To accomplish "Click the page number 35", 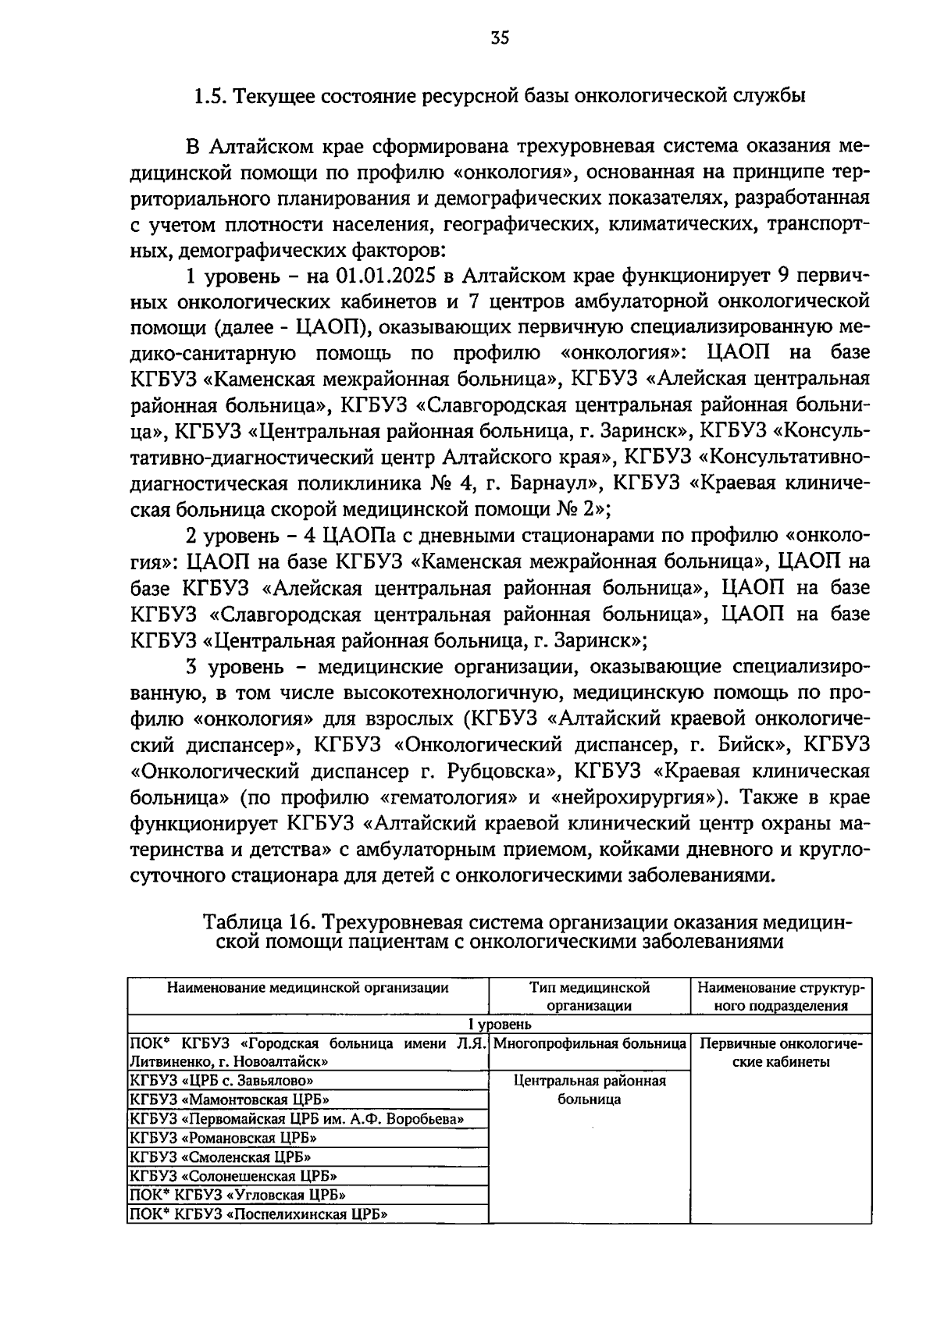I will [x=500, y=37].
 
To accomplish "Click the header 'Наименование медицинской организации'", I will [x=308, y=987].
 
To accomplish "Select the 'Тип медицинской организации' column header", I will [x=589, y=996].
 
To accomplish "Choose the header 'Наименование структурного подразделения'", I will [x=781, y=996].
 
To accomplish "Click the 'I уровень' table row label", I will [x=500, y=1024].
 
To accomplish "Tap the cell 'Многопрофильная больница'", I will [x=590, y=1043].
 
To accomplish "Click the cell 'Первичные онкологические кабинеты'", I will [x=781, y=1052].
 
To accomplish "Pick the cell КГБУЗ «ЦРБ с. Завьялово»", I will [x=222, y=1081].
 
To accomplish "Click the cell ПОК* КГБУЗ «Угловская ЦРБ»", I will [x=237, y=1194].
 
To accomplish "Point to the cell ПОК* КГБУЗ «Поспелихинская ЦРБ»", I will [x=258, y=1214].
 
